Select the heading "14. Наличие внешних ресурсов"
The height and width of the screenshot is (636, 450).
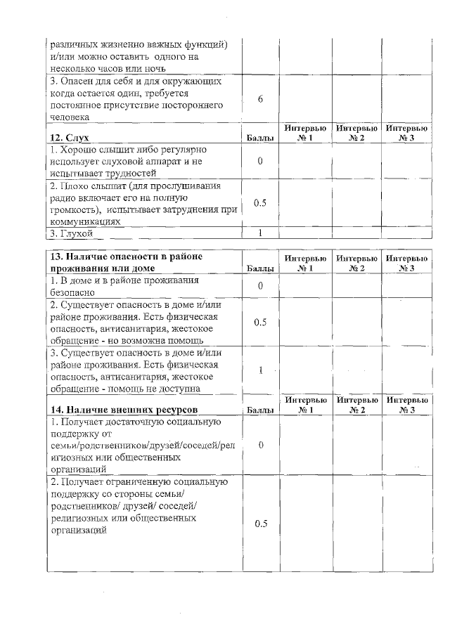click(123, 409)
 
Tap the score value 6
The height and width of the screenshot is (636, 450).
click(260, 99)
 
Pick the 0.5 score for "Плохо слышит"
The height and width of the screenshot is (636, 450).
click(260, 203)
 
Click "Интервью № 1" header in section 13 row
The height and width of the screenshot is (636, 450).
click(305, 264)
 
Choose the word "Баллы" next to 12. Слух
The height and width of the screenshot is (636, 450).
click(260, 138)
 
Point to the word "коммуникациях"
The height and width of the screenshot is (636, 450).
click(84, 221)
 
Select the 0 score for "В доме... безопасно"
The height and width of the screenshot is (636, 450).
click(260, 286)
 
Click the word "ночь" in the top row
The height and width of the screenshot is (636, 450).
click(155, 68)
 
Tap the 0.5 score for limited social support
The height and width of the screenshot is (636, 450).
click(260, 524)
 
